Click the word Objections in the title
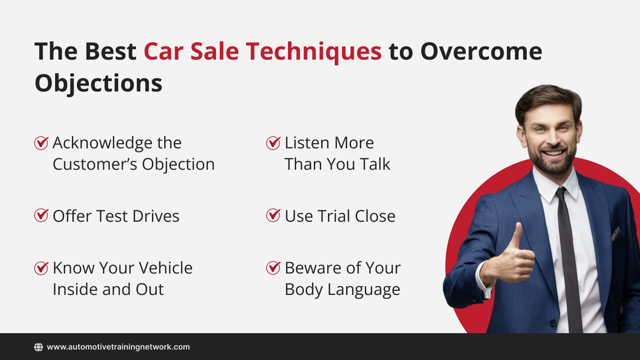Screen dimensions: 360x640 98,83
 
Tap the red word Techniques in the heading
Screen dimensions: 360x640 313,51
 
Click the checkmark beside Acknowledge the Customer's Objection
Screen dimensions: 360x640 41,143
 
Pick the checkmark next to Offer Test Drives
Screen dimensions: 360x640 41,215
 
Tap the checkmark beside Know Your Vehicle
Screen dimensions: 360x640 41,268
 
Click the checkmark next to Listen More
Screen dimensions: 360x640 273,143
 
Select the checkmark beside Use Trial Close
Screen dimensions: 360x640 273,215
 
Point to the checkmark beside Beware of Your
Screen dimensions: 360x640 273,268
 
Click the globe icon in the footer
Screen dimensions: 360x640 39,347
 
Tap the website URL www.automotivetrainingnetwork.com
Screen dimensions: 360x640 118,347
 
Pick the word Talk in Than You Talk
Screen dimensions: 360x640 375,164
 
